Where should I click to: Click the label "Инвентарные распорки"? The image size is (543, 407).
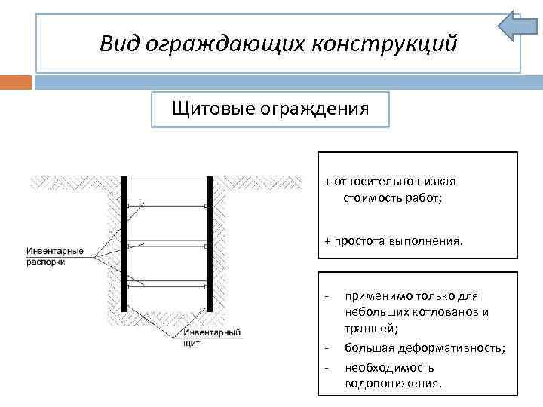tap(54, 256)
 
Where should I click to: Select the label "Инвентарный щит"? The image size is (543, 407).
tap(213, 336)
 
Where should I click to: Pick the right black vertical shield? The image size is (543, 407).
tap(208, 243)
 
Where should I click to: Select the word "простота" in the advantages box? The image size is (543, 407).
tap(359, 241)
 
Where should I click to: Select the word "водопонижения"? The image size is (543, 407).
tap(392, 384)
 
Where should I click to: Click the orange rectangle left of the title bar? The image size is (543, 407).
tap(16, 81)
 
